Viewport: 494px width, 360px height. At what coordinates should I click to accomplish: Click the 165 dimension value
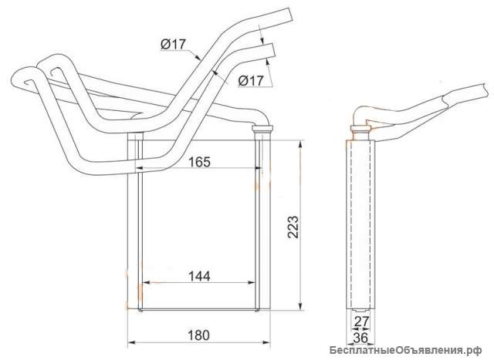coord(199,162)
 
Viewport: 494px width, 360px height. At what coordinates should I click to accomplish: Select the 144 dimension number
coord(199,276)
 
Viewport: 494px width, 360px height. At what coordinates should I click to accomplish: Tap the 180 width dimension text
coord(198,335)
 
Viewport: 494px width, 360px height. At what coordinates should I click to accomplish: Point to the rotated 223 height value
coord(293,227)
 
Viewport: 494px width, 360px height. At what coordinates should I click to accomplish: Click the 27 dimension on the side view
coord(361,321)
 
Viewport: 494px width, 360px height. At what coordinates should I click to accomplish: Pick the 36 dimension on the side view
coord(360,338)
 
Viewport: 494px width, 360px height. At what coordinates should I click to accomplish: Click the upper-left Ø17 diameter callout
coord(173,45)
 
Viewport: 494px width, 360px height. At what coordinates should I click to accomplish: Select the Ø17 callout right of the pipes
coord(250,81)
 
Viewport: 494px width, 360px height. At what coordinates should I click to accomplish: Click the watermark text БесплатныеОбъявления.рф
coord(406,350)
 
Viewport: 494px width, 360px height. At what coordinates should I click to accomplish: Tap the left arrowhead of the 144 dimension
coord(147,283)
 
